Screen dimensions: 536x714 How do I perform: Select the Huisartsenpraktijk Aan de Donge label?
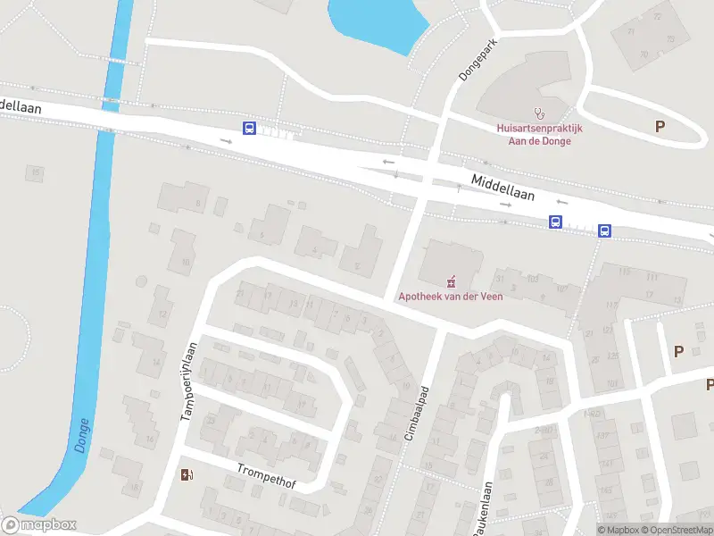coord(539,135)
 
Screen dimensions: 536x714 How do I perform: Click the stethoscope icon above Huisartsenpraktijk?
coord(538,113)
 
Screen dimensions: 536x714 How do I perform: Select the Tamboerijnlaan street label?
coord(187,381)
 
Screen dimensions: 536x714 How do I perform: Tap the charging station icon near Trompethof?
coord(187,474)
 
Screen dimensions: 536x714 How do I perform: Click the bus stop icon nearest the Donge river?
coord(249,129)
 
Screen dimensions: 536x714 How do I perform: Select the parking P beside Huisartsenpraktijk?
coord(660,127)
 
